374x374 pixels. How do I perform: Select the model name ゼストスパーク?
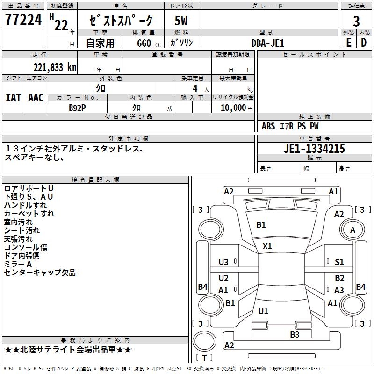121,21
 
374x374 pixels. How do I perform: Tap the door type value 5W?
181,21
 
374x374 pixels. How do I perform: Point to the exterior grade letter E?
348,42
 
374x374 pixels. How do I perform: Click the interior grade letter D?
364,42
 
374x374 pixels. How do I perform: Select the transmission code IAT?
13,97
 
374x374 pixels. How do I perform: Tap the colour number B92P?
77,107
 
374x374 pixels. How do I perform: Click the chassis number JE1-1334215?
314,149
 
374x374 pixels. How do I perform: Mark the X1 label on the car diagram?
267,246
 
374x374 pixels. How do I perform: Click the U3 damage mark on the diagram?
223,262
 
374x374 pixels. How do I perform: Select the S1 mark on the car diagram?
339,262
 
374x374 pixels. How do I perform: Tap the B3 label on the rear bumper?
295,334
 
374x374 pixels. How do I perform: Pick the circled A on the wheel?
352,230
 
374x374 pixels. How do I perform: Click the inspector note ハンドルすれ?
25,205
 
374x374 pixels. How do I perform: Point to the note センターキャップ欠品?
40,273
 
